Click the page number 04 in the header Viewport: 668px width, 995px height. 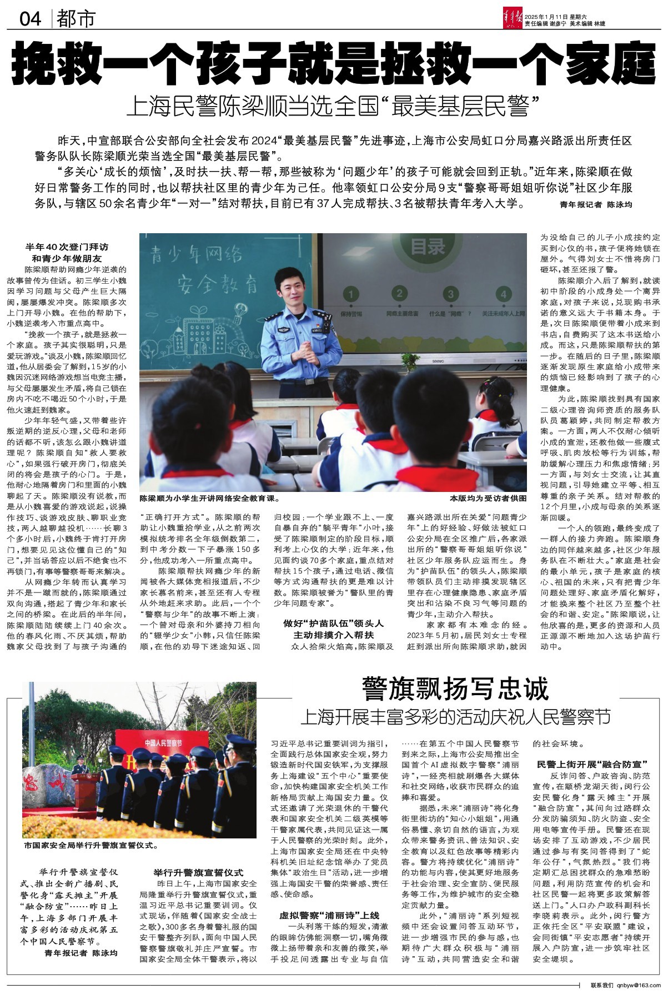pyautogui.click(x=31, y=19)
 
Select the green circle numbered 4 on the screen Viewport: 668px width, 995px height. pyautogui.click(x=504, y=294)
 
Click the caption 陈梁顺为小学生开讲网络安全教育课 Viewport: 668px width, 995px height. pyautogui.click(x=209, y=498)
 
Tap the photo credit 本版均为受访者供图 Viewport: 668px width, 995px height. pyautogui.click(x=487, y=498)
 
